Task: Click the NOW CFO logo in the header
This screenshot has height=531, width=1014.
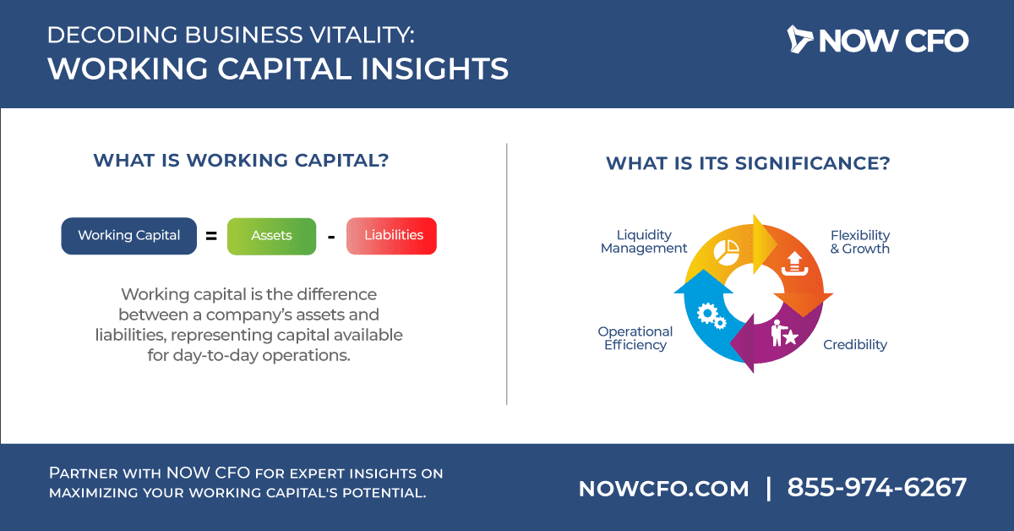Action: [878, 40]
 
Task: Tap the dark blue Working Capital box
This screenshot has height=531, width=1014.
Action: [129, 236]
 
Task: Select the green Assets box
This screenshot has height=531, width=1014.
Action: [271, 236]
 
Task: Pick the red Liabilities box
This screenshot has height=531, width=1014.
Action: [391, 236]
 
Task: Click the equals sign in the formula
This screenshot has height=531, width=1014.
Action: [211, 236]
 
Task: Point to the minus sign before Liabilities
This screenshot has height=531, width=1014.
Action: [331, 237]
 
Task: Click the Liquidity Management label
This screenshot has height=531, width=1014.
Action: [644, 242]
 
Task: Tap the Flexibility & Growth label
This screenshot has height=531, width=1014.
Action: [860, 242]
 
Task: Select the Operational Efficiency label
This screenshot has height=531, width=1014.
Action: [635, 338]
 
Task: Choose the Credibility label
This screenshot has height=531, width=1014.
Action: [855, 345]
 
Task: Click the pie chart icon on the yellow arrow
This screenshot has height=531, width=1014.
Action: [727, 252]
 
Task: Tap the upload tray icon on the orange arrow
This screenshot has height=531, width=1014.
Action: [794, 264]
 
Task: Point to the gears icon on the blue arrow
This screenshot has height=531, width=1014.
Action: [711, 315]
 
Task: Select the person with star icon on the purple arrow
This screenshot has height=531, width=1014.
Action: [784, 333]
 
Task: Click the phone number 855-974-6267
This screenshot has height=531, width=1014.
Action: [877, 488]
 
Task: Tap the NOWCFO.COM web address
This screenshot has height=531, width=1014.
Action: [663, 489]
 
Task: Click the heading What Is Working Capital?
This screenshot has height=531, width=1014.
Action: [241, 161]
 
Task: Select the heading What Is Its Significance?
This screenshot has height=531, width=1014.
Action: [748, 163]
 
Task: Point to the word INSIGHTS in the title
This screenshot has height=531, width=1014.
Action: [434, 68]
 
